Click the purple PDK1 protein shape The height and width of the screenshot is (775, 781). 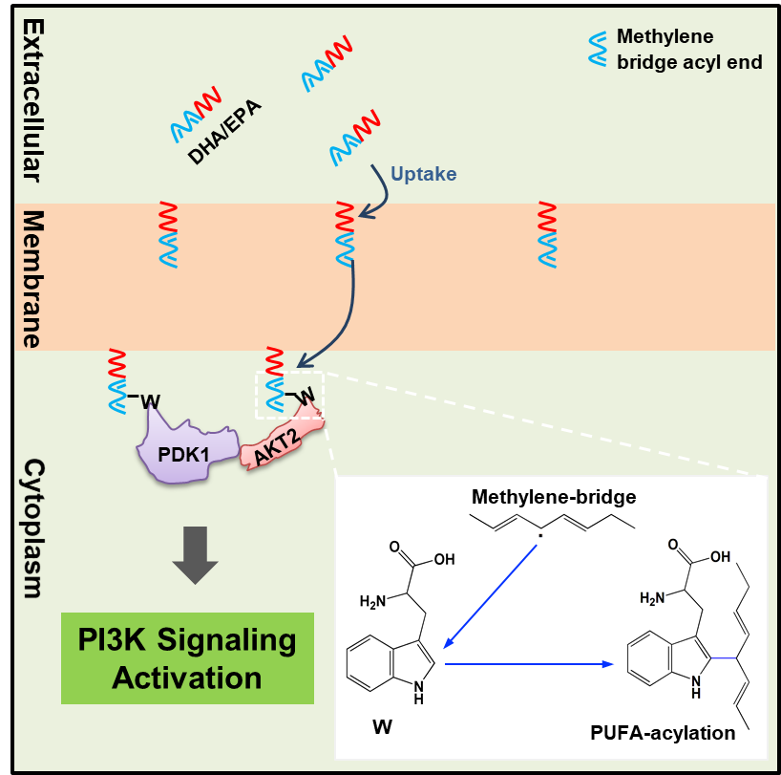[187, 448]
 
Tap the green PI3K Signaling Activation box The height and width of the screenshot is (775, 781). [188, 658]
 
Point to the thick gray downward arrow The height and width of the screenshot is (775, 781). [196, 557]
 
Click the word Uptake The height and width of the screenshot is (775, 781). [423, 174]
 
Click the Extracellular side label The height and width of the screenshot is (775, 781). [32, 96]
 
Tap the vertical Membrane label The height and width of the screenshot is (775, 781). [32, 278]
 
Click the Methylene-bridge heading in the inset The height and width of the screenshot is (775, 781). [554, 497]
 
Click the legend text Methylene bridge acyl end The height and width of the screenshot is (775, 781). [688, 50]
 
